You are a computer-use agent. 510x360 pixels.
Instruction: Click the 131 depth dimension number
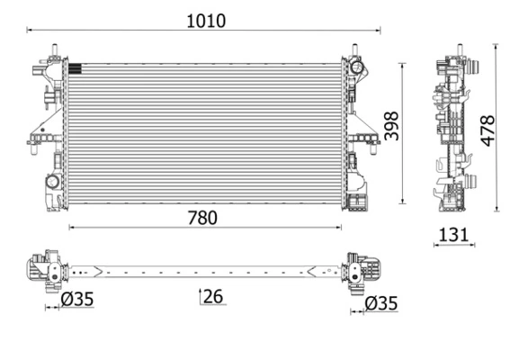tap(453, 235)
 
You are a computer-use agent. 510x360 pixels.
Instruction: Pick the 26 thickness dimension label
tap(212, 295)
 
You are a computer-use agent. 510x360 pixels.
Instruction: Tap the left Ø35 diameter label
tap(76, 302)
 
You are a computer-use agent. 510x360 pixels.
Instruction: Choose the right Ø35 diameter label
tap(380, 303)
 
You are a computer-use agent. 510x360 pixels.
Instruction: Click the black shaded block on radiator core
tap(75, 66)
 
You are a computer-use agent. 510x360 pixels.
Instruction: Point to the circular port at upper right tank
tap(356, 67)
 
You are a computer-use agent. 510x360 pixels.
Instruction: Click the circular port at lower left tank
tap(52, 183)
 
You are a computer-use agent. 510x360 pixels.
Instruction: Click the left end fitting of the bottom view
tap(43, 267)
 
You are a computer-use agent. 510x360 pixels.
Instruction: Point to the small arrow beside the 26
tap(200, 292)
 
